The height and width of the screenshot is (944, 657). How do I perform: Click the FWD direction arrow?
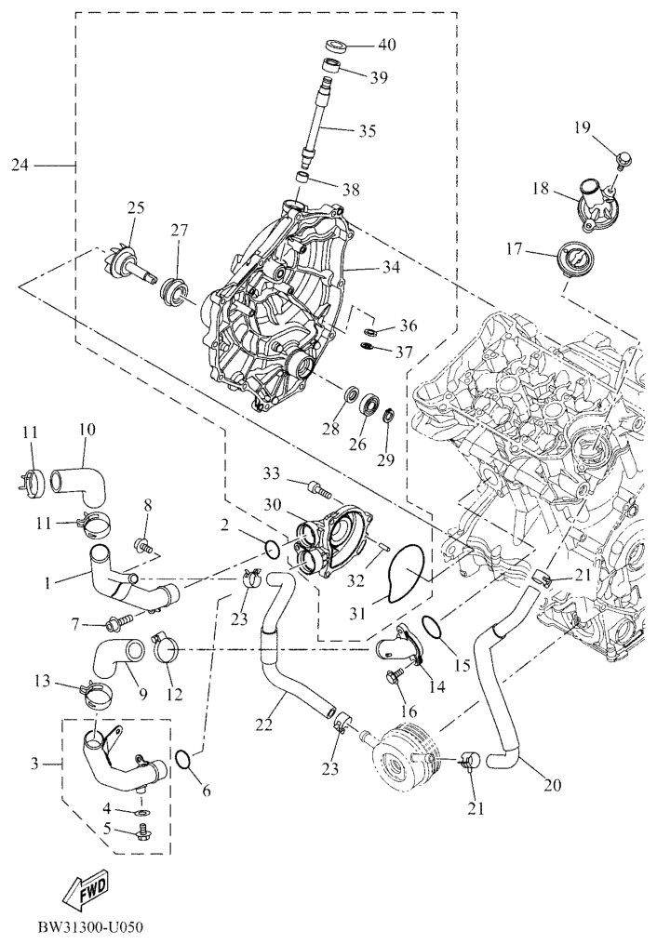tap(86, 888)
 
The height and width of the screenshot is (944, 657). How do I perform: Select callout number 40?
tap(387, 46)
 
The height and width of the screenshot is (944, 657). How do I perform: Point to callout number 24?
tap(20, 165)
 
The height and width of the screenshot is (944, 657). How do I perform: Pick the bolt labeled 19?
tap(622, 160)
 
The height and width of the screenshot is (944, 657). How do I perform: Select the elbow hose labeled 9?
tap(119, 661)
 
